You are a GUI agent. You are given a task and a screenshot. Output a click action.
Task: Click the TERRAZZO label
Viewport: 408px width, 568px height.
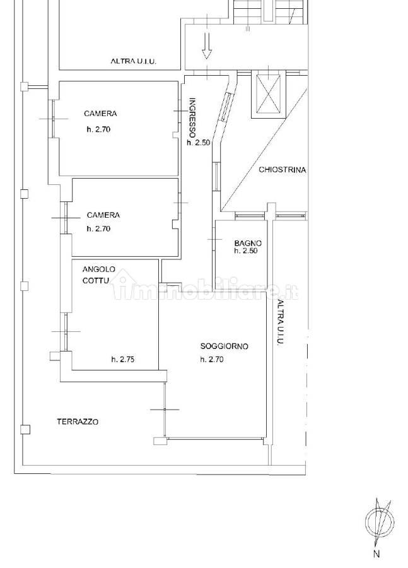pos(78,422)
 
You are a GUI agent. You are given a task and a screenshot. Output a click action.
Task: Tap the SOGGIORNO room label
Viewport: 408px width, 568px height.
pos(224,346)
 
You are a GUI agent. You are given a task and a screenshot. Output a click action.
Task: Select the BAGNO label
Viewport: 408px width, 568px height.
pos(248,244)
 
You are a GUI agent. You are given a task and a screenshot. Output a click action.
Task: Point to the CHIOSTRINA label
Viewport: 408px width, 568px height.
pos(283,170)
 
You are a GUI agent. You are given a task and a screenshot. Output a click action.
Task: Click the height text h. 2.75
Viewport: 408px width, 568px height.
pos(123,359)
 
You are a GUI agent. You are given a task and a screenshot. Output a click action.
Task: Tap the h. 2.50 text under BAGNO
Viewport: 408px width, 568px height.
pos(246,251)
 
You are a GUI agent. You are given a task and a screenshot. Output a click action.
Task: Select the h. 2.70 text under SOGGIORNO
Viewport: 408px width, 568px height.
pos(212,359)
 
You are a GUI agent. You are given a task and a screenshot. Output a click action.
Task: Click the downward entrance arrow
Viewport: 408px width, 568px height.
pos(207,45)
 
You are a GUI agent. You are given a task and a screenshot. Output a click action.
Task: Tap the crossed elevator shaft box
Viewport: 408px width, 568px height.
pos(268,93)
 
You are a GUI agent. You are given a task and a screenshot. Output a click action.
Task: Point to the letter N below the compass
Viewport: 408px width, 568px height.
pos(377,553)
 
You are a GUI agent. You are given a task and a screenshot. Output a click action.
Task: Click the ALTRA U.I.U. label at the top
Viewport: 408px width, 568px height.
pos(134,62)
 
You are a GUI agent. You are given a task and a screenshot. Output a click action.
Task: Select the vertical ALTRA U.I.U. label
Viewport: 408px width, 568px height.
pos(280,322)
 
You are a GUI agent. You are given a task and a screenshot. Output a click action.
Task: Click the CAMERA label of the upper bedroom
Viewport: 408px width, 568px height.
pos(100,114)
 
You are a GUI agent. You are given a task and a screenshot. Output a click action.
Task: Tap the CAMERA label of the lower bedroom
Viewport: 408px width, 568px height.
pos(103,215)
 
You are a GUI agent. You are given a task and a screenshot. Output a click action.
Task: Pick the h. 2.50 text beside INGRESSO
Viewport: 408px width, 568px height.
pos(199,143)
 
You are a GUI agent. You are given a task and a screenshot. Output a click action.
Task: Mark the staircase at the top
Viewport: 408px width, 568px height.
pos(271,12)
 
